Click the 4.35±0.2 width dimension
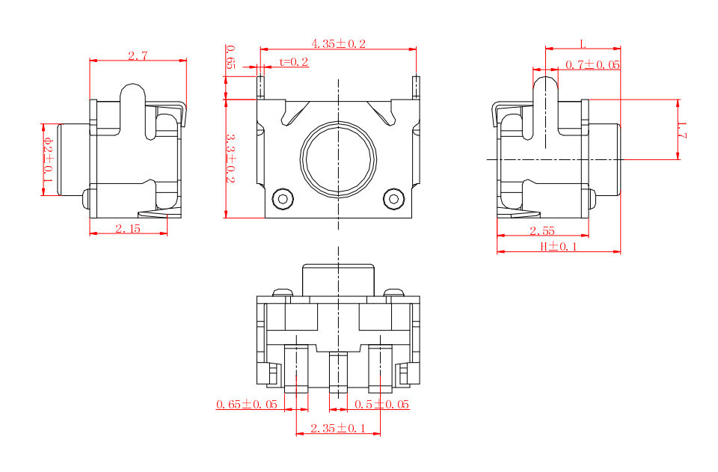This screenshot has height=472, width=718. [x=338, y=44]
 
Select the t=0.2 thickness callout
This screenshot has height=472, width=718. [x=293, y=62]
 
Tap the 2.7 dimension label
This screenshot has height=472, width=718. [x=138, y=56]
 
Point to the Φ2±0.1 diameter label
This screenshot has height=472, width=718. [x=48, y=159]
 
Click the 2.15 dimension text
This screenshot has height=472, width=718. [x=128, y=228]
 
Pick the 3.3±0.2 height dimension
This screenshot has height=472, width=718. [x=230, y=158]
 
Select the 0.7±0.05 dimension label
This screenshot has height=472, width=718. [x=592, y=65]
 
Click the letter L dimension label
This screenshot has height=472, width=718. [x=583, y=44]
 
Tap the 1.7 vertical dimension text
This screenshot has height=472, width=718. [x=682, y=130]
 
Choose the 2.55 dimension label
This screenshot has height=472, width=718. [x=542, y=230]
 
